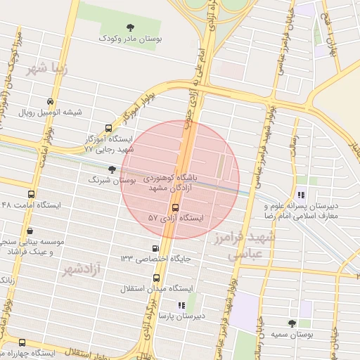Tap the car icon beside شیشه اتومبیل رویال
[49, 101]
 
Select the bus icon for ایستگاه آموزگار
[108, 128]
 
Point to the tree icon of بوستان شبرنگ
[112, 169]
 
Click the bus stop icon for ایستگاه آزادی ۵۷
[174, 207]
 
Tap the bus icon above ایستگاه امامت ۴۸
[30, 194]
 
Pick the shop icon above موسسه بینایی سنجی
[30, 230]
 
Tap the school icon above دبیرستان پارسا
[181, 305]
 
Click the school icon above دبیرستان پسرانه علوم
[301, 195]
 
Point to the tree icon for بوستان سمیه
[292, 323]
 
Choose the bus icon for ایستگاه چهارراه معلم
[23, 342]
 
